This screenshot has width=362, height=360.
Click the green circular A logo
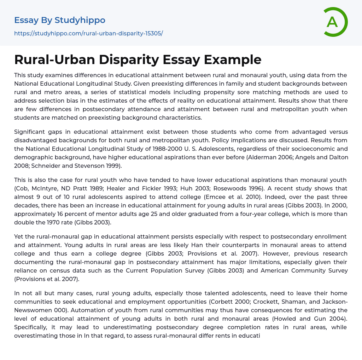point(334,22)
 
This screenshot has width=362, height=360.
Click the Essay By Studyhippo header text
point(60,20)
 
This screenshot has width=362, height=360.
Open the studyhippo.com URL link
point(88,33)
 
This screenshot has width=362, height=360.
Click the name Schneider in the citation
point(45,166)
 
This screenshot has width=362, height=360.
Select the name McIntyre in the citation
point(47,188)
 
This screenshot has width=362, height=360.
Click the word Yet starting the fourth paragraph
point(19,236)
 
